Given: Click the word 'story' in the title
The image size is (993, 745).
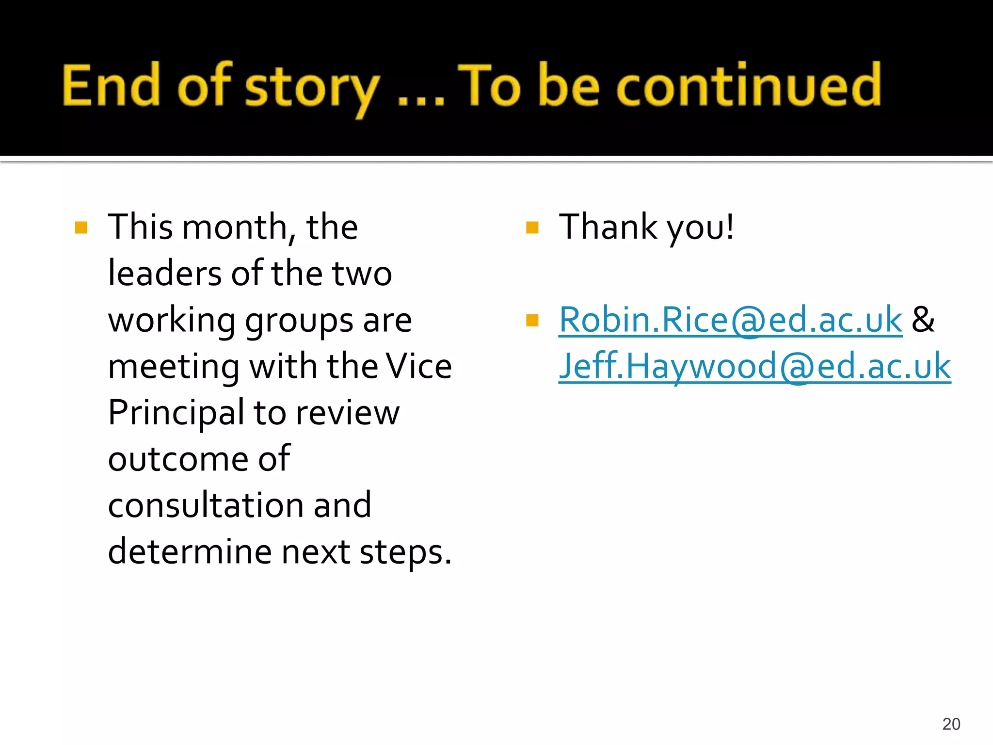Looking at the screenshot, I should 312,87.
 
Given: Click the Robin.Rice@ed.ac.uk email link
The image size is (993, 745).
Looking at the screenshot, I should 730,320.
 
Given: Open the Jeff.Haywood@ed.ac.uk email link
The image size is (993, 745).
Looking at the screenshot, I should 754,367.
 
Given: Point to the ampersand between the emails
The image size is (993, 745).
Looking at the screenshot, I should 923,320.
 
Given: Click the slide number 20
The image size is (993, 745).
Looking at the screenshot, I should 951,724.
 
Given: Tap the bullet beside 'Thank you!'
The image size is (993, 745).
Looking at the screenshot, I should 532,227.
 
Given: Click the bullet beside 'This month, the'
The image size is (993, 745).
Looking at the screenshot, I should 81,227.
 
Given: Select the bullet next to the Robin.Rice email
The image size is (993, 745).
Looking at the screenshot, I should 532,321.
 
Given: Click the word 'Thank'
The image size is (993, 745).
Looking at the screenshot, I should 608,227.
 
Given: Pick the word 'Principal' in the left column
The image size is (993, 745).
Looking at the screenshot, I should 176,413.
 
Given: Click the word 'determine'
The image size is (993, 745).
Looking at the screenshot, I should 189,552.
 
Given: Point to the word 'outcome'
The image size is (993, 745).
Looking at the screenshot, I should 178,459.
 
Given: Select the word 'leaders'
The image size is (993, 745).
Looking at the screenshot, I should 164,274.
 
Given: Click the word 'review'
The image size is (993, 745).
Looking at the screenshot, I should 347,413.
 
